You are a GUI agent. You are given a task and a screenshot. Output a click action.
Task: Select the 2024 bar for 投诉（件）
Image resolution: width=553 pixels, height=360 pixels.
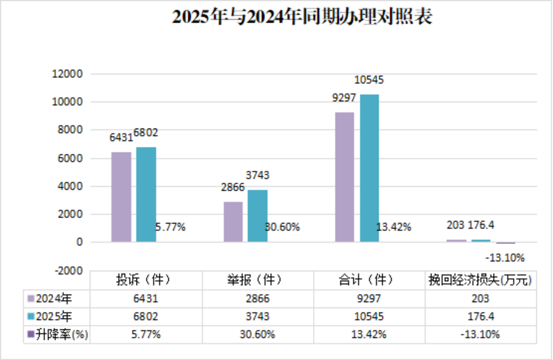click(121, 197)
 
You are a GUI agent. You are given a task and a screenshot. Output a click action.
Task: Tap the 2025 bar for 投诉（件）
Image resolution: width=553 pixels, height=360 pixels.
click(146, 194)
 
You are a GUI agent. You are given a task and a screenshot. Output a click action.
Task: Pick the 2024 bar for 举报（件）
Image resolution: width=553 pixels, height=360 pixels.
click(233, 221)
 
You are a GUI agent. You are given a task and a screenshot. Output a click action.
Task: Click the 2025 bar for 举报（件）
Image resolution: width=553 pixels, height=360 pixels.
click(257, 215)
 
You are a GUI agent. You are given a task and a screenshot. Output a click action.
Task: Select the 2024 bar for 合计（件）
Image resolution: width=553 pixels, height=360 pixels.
click(344, 177)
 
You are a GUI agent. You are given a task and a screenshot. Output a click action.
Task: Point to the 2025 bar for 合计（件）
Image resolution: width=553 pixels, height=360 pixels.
click(369, 168)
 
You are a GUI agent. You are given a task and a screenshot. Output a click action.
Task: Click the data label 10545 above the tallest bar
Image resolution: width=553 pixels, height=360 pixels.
click(369, 80)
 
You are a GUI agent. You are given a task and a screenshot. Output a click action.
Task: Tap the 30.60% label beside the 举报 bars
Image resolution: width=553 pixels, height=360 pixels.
click(282, 227)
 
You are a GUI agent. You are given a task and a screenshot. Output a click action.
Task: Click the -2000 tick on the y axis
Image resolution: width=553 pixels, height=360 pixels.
click(68, 270)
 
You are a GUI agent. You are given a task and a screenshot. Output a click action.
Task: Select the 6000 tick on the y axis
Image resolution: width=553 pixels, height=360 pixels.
click(70, 158)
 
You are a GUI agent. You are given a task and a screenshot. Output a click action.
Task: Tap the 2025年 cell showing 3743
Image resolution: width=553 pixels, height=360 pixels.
click(257, 317)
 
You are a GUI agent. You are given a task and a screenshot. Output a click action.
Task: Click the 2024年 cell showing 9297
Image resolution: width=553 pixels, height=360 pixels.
click(369, 299)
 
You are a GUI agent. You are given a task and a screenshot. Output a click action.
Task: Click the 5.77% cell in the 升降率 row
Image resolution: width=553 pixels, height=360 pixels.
click(146, 335)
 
